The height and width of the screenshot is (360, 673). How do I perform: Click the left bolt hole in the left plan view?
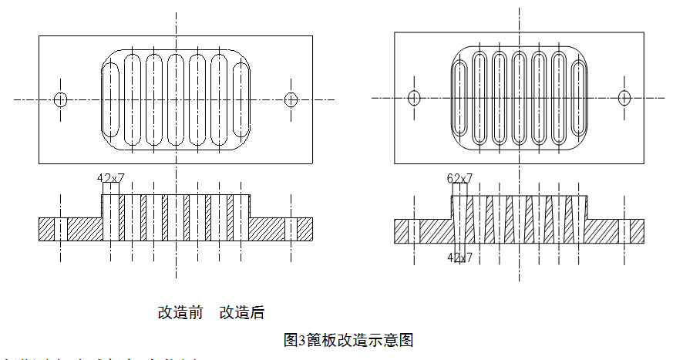click(x=61, y=99)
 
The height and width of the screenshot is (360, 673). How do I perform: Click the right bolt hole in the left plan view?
click(x=291, y=99)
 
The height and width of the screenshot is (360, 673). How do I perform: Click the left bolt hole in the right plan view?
click(x=414, y=97)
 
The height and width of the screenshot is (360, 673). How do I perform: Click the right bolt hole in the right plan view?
click(x=624, y=97)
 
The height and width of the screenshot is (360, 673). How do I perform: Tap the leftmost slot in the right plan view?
click(x=459, y=97)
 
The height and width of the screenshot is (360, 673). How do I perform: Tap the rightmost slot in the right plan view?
click(x=577, y=97)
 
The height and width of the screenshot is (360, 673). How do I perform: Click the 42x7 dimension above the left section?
click(x=111, y=178)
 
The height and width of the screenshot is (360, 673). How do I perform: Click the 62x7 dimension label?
click(x=460, y=178)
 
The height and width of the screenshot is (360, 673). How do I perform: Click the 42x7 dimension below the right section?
click(x=460, y=257)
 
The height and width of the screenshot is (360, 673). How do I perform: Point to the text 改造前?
click(x=180, y=312)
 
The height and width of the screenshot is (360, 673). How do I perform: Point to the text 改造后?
click(x=242, y=312)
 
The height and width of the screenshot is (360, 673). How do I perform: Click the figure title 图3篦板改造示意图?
click(x=350, y=339)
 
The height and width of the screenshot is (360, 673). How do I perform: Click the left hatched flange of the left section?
click(x=53, y=229)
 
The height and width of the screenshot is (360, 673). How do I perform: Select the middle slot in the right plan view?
click(x=519, y=97)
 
